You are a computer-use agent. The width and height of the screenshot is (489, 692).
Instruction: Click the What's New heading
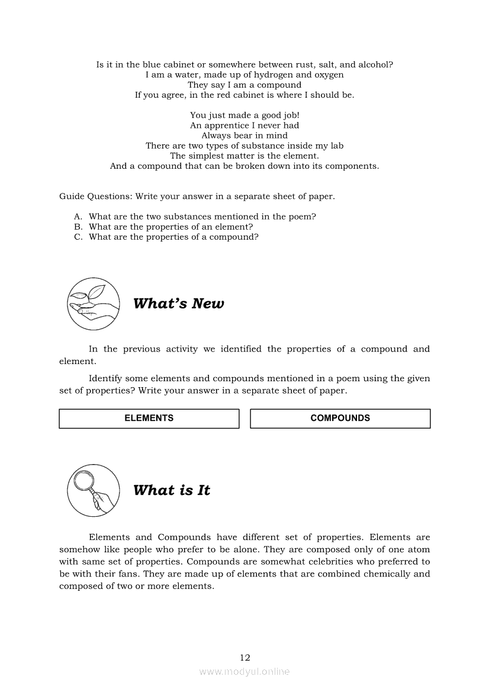point(179,304)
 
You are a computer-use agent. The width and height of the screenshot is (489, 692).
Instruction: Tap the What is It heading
point(172,490)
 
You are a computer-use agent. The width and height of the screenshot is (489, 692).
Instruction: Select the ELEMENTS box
point(149,418)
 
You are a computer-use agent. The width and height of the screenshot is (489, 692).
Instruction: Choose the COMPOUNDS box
point(340,418)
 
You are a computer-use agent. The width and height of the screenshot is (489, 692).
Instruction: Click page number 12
point(245,657)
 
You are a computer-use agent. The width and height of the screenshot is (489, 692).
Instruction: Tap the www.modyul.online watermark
point(244,672)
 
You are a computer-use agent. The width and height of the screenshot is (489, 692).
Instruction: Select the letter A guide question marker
point(78,217)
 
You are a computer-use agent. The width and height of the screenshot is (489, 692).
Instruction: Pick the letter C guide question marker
point(78,237)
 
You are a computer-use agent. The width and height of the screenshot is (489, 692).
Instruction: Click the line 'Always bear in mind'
point(244,136)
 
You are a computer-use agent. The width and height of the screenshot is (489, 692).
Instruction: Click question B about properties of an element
point(170,227)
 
